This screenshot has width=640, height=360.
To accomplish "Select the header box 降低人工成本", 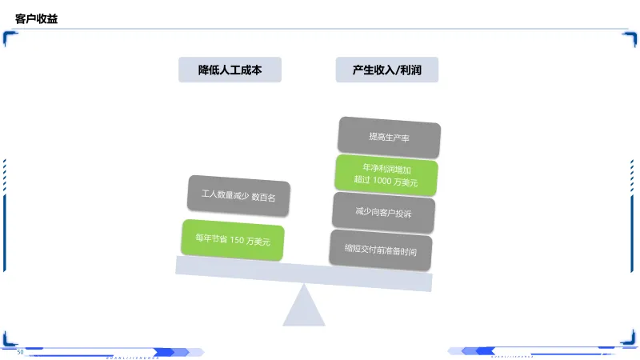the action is click(230, 70).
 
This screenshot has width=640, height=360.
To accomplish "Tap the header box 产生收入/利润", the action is click(386, 70).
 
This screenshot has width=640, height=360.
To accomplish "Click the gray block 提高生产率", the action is click(389, 137).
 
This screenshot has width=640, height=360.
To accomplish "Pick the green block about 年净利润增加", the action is click(386, 175).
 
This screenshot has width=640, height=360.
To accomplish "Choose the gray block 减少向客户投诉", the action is click(383, 213).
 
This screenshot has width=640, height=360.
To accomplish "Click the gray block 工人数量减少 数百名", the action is click(238, 195).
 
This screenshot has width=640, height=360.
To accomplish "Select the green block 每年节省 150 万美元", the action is click(233, 238).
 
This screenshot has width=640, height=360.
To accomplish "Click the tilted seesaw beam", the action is click(303, 273).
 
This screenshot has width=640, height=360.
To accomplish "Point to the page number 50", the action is click(21, 352).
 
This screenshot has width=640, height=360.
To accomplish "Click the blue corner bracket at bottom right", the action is click(630, 340).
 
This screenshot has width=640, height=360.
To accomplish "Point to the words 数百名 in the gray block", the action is click(263, 197).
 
